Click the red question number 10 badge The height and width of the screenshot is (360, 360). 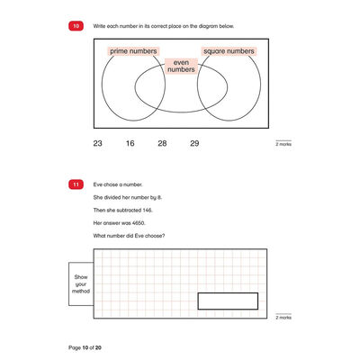76,26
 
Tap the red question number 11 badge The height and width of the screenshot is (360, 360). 76,184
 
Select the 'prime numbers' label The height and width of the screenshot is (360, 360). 133,51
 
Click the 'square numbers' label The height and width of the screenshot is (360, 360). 229,51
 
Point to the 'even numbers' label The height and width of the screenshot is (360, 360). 181,66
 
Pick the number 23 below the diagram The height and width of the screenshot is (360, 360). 97,143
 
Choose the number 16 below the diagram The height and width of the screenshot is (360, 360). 130,143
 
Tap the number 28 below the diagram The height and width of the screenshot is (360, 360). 162,143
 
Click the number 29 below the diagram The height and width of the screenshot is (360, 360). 194,143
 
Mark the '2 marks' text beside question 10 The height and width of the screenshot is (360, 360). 283,144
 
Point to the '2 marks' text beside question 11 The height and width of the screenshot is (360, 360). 283,318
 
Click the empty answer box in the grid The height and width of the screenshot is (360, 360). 228,301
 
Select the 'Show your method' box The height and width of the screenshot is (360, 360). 81,284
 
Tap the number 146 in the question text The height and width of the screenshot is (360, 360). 148,211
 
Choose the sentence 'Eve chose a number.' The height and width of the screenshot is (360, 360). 118,184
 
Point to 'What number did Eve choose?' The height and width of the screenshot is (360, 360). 129,236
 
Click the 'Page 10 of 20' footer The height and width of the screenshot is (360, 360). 85,347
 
